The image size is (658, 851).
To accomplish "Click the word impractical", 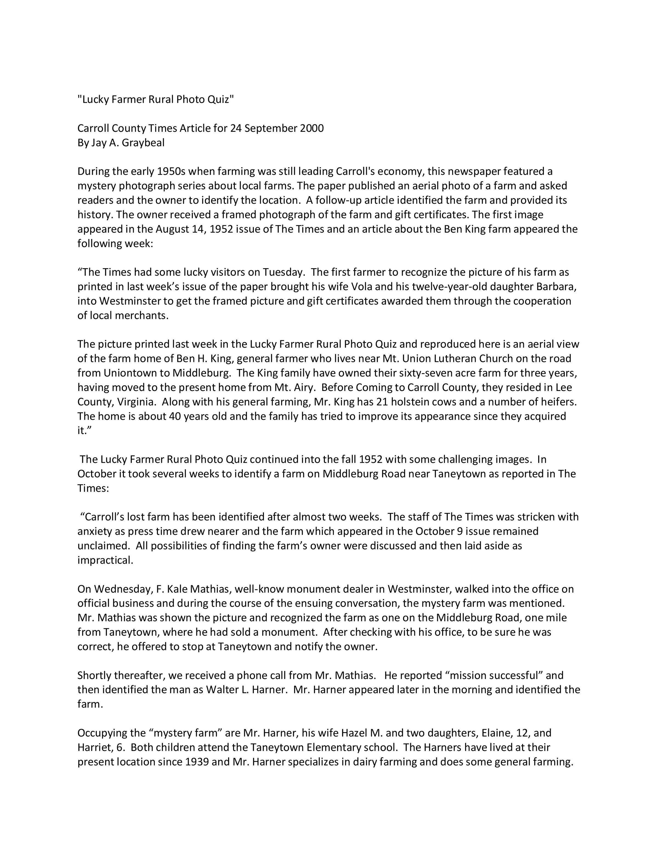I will click(x=105, y=560).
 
